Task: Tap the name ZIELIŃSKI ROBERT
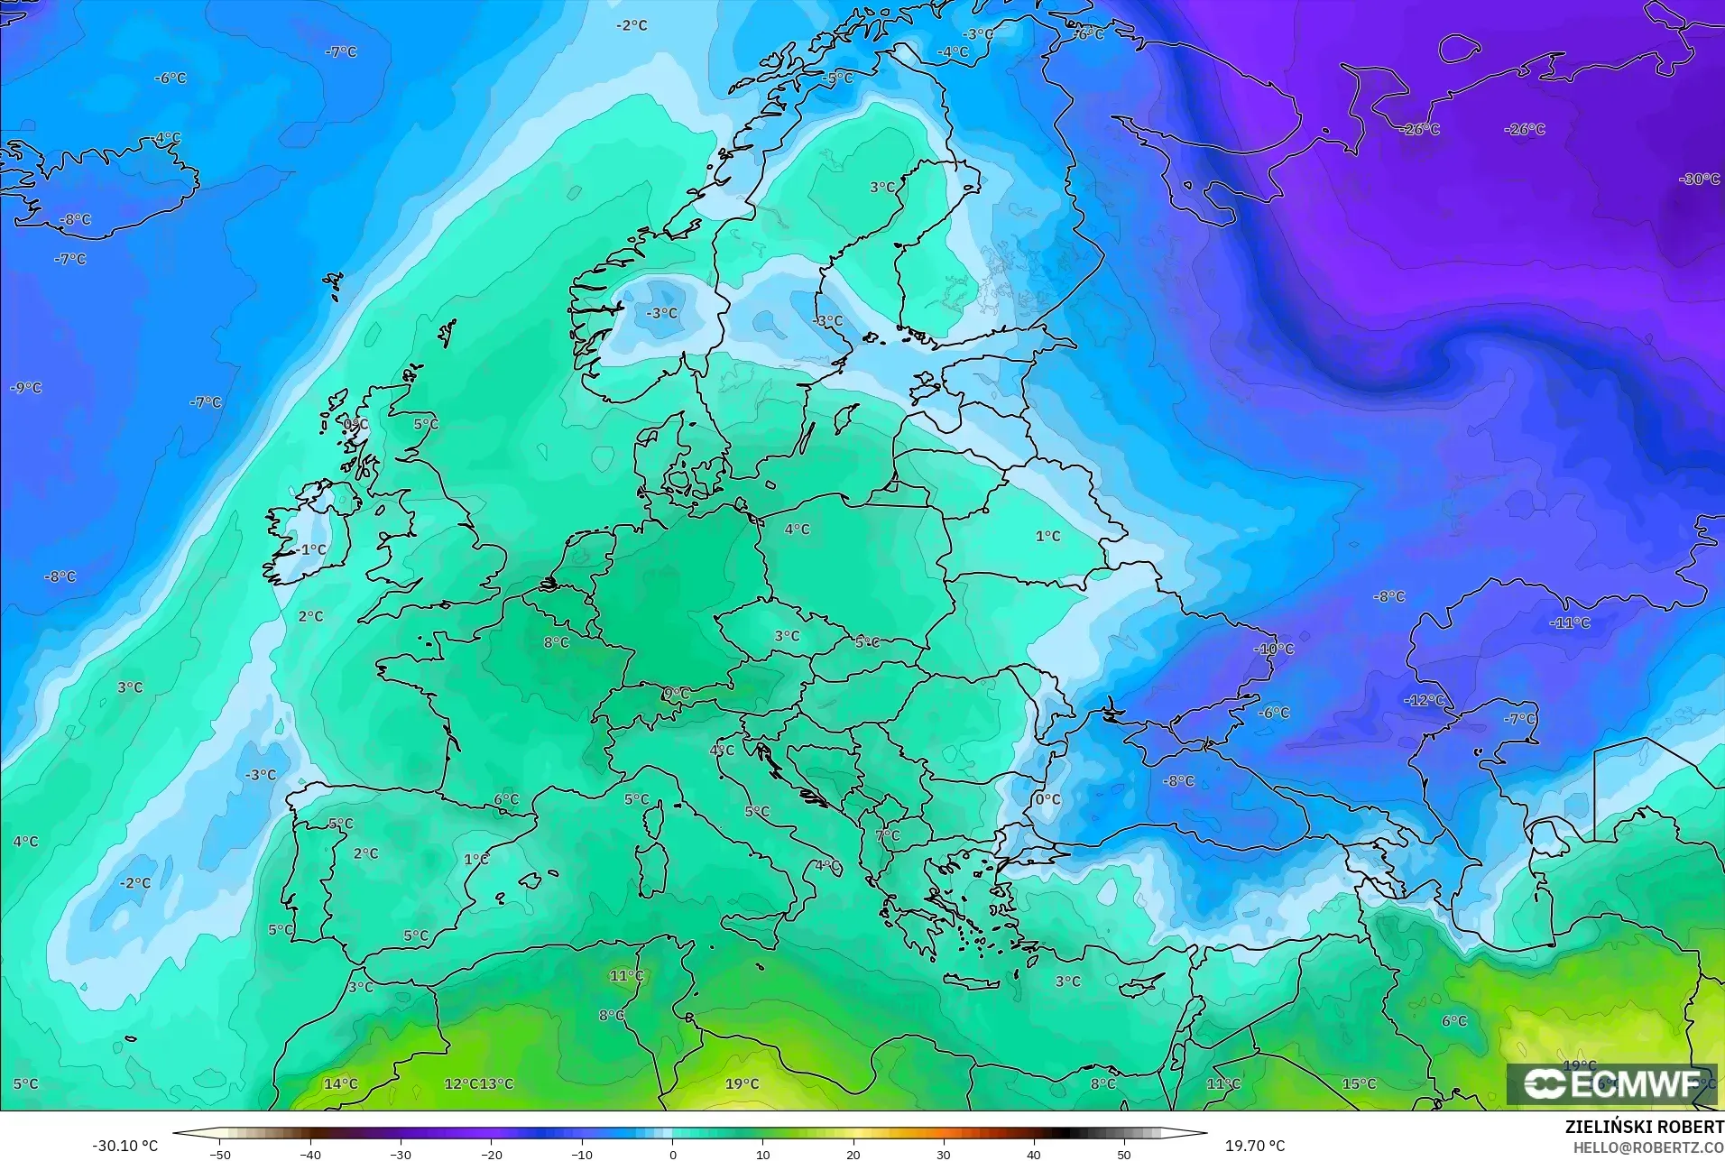[x=1644, y=1128]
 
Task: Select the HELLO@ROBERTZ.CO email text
[x=1648, y=1148]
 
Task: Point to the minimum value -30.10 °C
[x=125, y=1146]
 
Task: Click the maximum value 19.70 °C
[x=1254, y=1146]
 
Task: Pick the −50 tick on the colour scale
[x=220, y=1154]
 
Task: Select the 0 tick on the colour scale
[x=672, y=1154]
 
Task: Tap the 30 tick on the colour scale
[x=944, y=1154]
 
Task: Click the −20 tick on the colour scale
[x=492, y=1154]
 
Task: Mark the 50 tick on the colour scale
[x=1124, y=1154]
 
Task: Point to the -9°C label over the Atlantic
[x=26, y=388]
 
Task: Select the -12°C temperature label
[x=1424, y=700]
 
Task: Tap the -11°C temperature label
[x=1570, y=623]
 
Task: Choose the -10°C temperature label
[x=1274, y=649]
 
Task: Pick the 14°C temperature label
[x=340, y=1083]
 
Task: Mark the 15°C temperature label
[x=1359, y=1083]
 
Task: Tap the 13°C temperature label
[x=496, y=1083]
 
